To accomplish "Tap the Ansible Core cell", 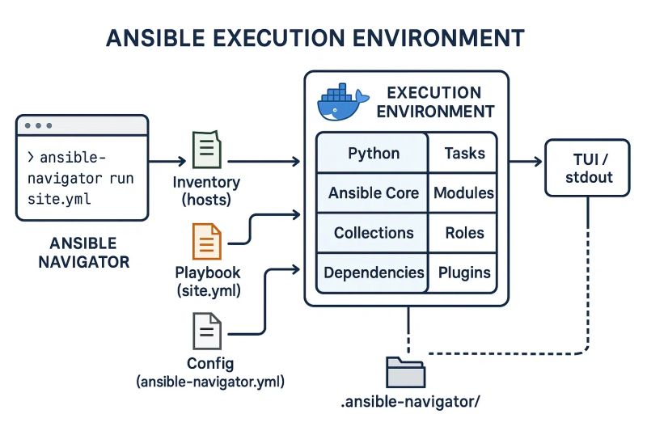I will (x=373, y=193).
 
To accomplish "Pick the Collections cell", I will (x=373, y=233).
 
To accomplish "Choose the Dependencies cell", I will (x=373, y=273).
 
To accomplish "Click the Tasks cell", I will (x=464, y=153).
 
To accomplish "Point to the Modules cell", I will (x=464, y=193).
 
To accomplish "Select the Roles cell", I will (x=464, y=233).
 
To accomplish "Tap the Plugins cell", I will (x=464, y=273).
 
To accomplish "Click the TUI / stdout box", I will (x=588, y=168).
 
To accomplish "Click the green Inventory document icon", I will (x=204, y=150).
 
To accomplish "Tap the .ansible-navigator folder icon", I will (x=405, y=373).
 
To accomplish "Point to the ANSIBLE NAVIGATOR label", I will (x=82, y=252).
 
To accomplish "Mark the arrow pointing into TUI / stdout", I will (x=530, y=162).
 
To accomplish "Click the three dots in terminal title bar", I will (x=38, y=126).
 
